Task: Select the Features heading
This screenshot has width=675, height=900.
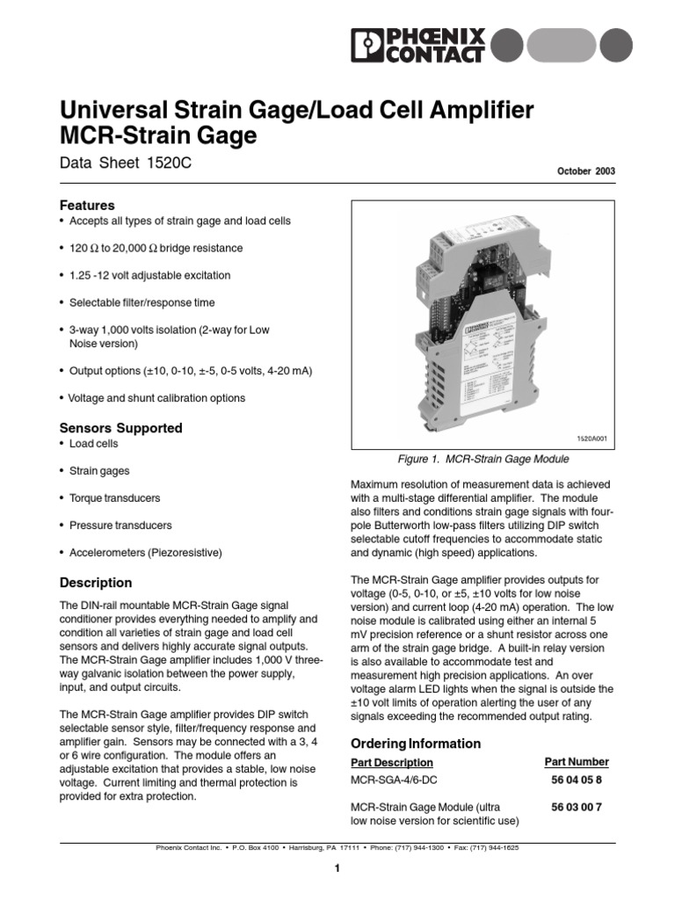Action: [x=87, y=204]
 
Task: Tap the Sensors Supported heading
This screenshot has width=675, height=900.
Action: [x=120, y=428]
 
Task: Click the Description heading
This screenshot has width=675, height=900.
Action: [x=95, y=582]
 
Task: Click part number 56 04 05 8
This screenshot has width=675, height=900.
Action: [x=577, y=779]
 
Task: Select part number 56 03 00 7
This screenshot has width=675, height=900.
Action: [x=577, y=806]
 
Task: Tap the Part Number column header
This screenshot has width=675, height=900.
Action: [x=577, y=761]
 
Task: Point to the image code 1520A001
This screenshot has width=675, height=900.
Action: [x=592, y=437]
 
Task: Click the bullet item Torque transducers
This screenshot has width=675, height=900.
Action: [x=114, y=497]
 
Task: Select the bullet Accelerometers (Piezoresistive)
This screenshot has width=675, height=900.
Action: [x=146, y=552]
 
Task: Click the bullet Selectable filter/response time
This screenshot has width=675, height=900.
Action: [x=142, y=302]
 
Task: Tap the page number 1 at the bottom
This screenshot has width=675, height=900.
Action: [x=337, y=868]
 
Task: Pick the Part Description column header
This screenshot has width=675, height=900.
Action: [x=392, y=762]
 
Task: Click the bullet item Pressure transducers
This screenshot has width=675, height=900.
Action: [x=120, y=525]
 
